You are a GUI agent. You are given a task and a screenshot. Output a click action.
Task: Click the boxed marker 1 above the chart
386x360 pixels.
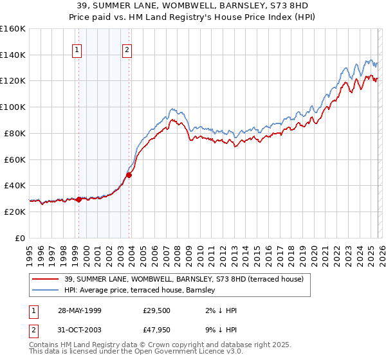[x=78, y=50]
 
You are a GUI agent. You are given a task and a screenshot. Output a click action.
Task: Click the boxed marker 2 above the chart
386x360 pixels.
[x=127, y=50]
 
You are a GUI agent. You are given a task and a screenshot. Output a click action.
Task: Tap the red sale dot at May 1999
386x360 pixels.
[x=78, y=199]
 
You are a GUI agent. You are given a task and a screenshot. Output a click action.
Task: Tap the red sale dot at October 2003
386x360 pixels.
[x=129, y=175]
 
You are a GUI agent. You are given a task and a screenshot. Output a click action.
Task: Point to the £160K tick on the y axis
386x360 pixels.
[x=12, y=29]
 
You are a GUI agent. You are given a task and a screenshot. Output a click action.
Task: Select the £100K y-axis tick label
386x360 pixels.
[x=12, y=107]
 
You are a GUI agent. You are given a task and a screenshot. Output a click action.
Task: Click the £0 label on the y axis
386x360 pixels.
[x=20, y=238]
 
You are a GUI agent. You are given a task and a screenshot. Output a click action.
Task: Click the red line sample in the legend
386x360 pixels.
[x=46, y=278]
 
